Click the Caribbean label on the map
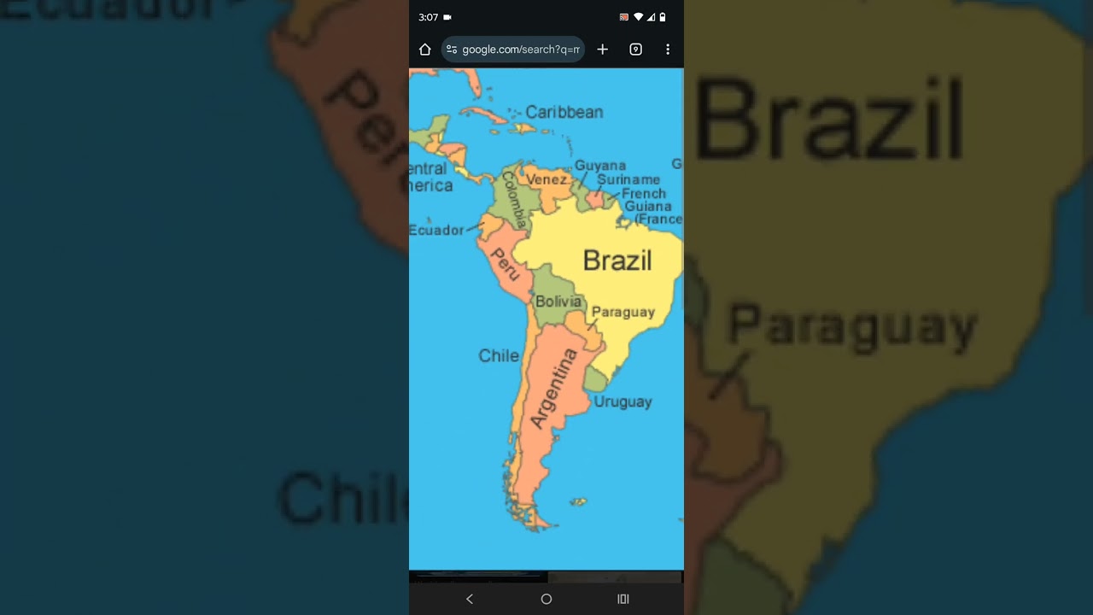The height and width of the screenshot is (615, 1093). click(x=564, y=112)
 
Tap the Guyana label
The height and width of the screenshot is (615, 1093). click(x=599, y=166)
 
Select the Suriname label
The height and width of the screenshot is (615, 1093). click(x=628, y=179)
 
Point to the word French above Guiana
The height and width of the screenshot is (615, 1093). click(x=643, y=193)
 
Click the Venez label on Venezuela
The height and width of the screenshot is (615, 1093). click(x=546, y=179)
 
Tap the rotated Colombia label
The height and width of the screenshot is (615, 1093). click(x=515, y=199)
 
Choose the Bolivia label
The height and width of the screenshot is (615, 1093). click(x=558, y=302)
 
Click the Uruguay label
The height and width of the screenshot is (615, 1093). click(x=622, y=401)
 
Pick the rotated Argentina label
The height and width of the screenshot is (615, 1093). click(x=553, y=388)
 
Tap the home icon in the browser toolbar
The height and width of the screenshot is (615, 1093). click(x=425, y=50)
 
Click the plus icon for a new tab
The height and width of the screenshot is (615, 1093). click(x=602, y=50)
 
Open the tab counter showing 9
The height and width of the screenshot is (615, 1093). click(x=635, y=50)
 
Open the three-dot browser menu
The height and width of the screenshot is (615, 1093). click(x=668, y=50)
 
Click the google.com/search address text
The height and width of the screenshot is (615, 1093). click(x=520, y=50)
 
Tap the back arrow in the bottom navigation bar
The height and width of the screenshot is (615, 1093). click(x=469, y=599)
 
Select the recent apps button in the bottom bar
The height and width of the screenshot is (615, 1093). click(x=623, y=599)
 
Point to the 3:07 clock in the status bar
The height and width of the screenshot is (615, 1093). click(x=428, y=17)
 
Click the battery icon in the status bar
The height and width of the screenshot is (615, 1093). click(x=663, y=17)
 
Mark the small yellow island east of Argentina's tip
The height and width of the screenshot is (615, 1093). click(x=578, y=502)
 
